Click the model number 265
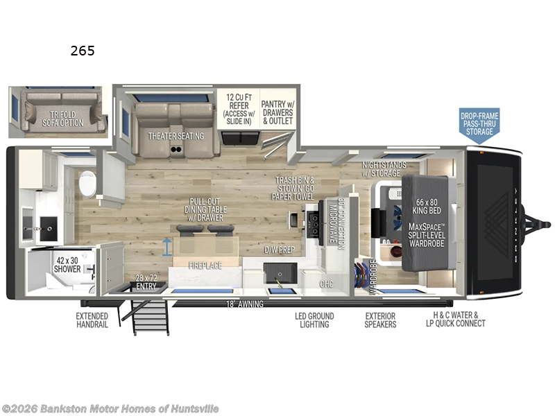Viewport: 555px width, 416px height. coord(82,51)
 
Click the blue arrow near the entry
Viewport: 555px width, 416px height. coord(166,244)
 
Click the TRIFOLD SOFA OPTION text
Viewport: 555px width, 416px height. coord(67,119)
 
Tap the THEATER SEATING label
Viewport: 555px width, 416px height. coord(176,136)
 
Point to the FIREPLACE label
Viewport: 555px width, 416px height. coord(205,265)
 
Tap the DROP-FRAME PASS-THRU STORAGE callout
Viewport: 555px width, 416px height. coord(479,123)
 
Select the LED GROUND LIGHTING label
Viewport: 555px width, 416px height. coord(314,320)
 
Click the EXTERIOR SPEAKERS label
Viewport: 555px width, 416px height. coord(380,320)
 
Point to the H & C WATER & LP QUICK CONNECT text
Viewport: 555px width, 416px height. coord(454,320)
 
